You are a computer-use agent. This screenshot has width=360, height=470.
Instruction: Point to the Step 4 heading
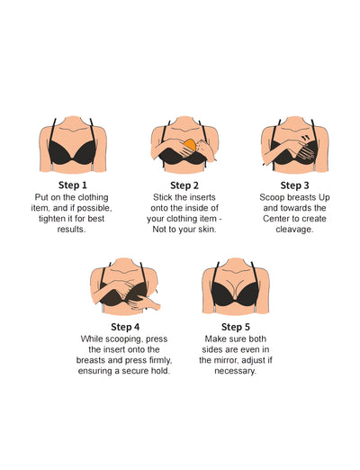125,326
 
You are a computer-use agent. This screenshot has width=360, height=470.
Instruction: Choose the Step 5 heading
235,326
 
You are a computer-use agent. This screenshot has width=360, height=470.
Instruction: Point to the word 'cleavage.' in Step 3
293,229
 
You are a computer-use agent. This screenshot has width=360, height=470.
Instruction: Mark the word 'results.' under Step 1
72,229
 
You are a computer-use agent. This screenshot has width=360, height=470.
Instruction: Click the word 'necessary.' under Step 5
236,371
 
